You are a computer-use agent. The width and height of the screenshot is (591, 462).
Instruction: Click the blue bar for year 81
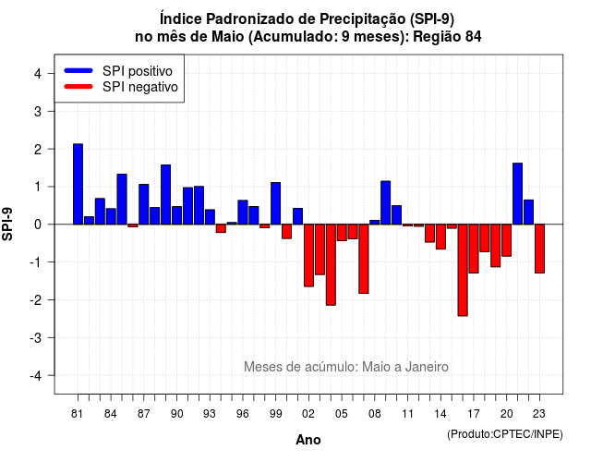tap(78, 184)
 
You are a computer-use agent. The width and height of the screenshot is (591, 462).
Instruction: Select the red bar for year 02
tap(308, 255)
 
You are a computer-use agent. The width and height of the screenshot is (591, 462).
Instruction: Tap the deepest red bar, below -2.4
tap(463, 270)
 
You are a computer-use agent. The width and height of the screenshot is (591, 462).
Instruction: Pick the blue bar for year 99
tap(275, 203)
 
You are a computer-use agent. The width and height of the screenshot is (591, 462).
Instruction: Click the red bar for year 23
tap(539, 249)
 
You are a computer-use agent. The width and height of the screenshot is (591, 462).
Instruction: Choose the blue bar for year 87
tap(144, 204)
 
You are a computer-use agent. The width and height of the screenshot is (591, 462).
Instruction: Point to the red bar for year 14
tap(440, 237)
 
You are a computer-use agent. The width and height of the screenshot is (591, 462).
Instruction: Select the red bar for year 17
tap(474, 249)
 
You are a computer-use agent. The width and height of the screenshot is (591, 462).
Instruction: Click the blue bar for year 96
tap(243, 213)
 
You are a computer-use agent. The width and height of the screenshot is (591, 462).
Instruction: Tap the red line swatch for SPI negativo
tap(78, 87)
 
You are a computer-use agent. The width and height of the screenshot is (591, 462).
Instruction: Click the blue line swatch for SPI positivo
tap(78, 70)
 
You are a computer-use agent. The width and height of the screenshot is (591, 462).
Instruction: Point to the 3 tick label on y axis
tap(38, 111)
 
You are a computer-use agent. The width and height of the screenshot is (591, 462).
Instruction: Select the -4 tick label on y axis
tap(36, 375)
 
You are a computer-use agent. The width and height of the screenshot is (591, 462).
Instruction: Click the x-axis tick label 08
tap(375, 414)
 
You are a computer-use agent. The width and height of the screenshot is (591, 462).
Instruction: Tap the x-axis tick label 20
tap(507, 414)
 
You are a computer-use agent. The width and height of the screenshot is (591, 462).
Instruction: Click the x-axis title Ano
tap(308, 440)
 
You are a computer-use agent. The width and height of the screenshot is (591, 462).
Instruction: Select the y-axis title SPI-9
tap(7, 224)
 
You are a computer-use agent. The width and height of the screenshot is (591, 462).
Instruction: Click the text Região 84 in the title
tap(447, 37)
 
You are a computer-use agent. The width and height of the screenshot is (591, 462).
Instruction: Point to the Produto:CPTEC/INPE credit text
tap(505, 434)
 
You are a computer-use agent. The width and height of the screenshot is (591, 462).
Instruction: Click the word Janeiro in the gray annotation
tap(427, 367)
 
